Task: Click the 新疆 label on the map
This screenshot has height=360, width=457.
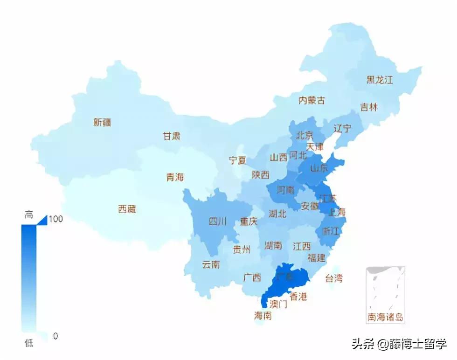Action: click(x=102, y=123)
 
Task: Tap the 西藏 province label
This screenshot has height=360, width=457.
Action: click(x=127, y=209)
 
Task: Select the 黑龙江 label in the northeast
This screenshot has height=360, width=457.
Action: click(x=380, y=80)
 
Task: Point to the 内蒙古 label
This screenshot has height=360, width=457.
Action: click(x=312, y=100)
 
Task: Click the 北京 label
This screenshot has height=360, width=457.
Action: click(x=304, y=135)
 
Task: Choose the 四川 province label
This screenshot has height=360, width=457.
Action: click(x=217, y=222)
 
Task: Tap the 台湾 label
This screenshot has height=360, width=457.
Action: click(x=333, y=278)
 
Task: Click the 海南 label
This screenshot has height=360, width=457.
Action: click(x=263, y=316)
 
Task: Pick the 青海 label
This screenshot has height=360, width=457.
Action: click(x=175, y=177)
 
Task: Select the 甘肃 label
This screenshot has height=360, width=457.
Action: click(x=171, y=136)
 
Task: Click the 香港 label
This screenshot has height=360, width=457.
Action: click(x=298, y=296)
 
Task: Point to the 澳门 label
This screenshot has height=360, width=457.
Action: click(x=278, y=305)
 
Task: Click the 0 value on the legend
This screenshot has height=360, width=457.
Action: click(x=55, y=336)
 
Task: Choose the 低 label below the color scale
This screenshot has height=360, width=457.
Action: click(x=29, y=344)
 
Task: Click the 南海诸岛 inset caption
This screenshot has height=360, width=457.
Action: click(x=385, y=318)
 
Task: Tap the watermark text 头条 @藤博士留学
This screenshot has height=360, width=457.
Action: click(x=399, y=345)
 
